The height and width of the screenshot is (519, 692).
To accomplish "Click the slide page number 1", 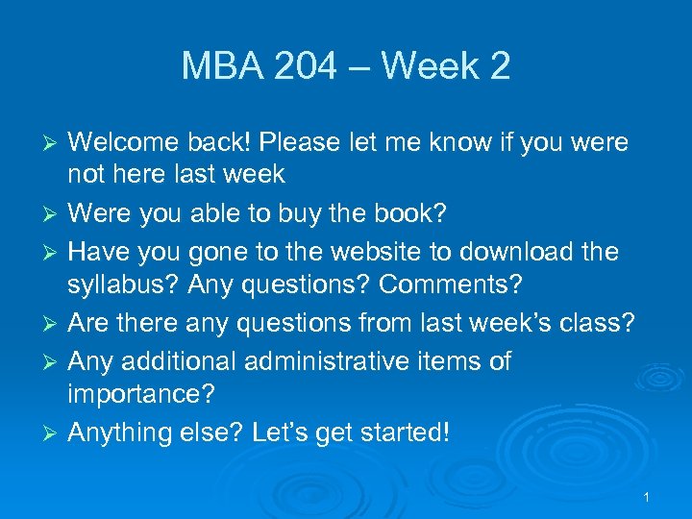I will [647, 497].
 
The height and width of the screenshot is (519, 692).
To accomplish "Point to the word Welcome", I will [129, 143].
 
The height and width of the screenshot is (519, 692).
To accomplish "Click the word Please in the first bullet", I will [318, 143].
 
